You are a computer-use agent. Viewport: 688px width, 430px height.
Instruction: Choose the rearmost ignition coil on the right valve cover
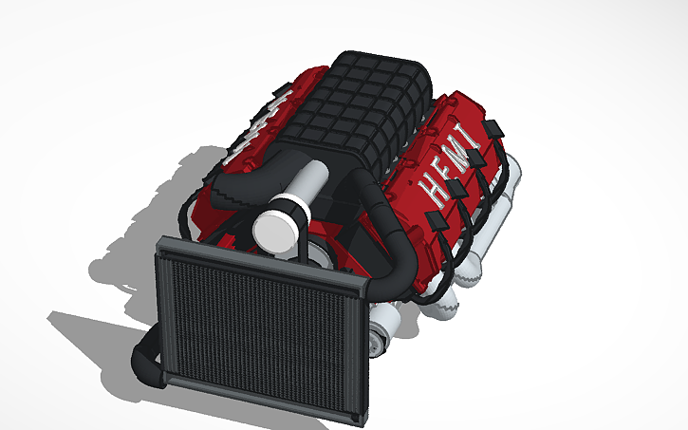point(493,127)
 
